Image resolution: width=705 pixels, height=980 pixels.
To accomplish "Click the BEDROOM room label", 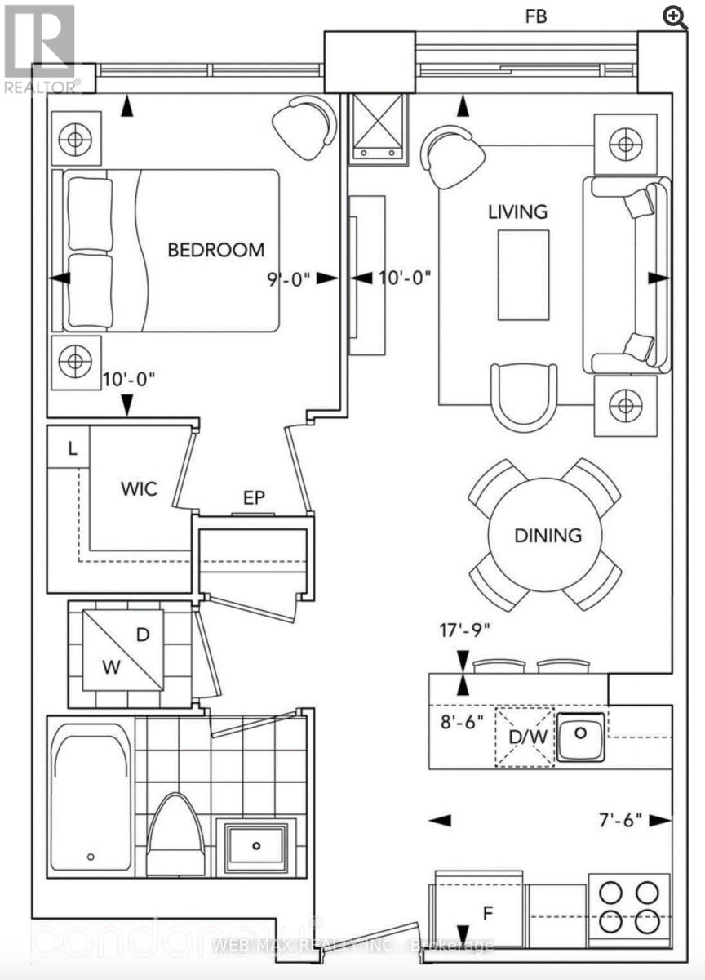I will pyautogui.click(x=216, y=250).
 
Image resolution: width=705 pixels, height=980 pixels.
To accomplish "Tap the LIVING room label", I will pyautogui.click(x=517, y=212).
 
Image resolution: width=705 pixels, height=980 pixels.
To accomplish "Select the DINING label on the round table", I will pyautogui.click(x=548, y=536).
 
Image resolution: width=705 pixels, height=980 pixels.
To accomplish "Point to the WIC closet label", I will pyautogui.click(x=138, y=489).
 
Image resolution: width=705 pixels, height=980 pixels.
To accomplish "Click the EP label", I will pyautogui.click(x=254, y=497).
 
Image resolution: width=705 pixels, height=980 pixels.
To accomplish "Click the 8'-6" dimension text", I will pyautogui.click(x=461, y=722).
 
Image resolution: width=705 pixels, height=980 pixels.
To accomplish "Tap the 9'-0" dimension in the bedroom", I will pyautogui.click(x=289, y=278).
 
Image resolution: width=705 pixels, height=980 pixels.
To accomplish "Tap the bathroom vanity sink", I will pyautogui.click(x=257, y=844).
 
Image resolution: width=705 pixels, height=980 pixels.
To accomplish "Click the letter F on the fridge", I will pyautogui.click(x=487, y=913).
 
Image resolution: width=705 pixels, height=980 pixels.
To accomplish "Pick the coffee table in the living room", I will pyautogui.click(x=523, y=274).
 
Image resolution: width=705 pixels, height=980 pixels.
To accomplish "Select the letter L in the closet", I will pyautogui.click(x=73, y=448).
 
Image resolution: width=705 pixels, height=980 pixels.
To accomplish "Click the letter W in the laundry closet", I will pyautogui.click(x=111, y=666).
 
